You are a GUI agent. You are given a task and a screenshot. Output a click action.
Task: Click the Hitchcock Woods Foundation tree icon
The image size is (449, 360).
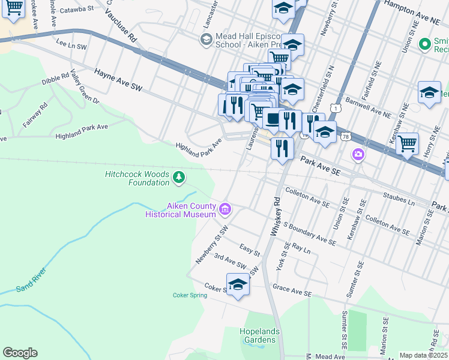(x=178, y=177)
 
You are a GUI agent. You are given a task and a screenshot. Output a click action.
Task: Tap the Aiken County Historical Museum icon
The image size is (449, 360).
(x=226, y=209)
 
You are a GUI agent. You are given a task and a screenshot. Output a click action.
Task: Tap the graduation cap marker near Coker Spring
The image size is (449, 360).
(x=238, y=285)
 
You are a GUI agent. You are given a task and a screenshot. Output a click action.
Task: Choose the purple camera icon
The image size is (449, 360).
(x=359, y=155)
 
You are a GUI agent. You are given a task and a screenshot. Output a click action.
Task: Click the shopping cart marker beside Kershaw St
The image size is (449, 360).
(x=407, y=143)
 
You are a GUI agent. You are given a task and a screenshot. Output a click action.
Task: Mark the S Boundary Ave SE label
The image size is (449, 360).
(x=310, y=233)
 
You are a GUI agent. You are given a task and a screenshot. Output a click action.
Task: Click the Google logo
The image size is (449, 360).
(x=20, y=353)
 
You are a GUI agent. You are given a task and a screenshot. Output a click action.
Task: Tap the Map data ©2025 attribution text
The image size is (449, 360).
(x=423, y=355)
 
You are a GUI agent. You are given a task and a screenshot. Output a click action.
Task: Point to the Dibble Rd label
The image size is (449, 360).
(x=56, y=79)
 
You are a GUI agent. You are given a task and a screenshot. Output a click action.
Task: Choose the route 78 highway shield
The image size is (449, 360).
(x=346, y=137)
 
